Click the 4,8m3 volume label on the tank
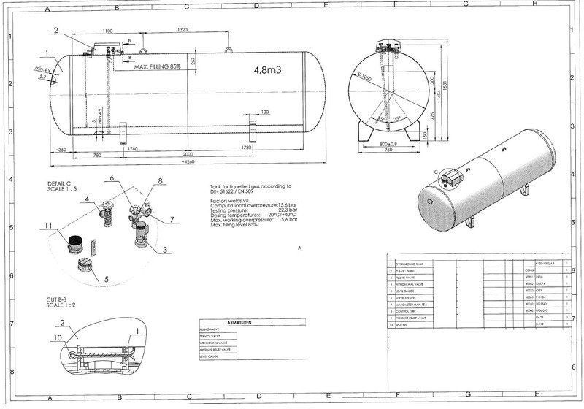(269, 71)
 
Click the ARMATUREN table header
(235, 322)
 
